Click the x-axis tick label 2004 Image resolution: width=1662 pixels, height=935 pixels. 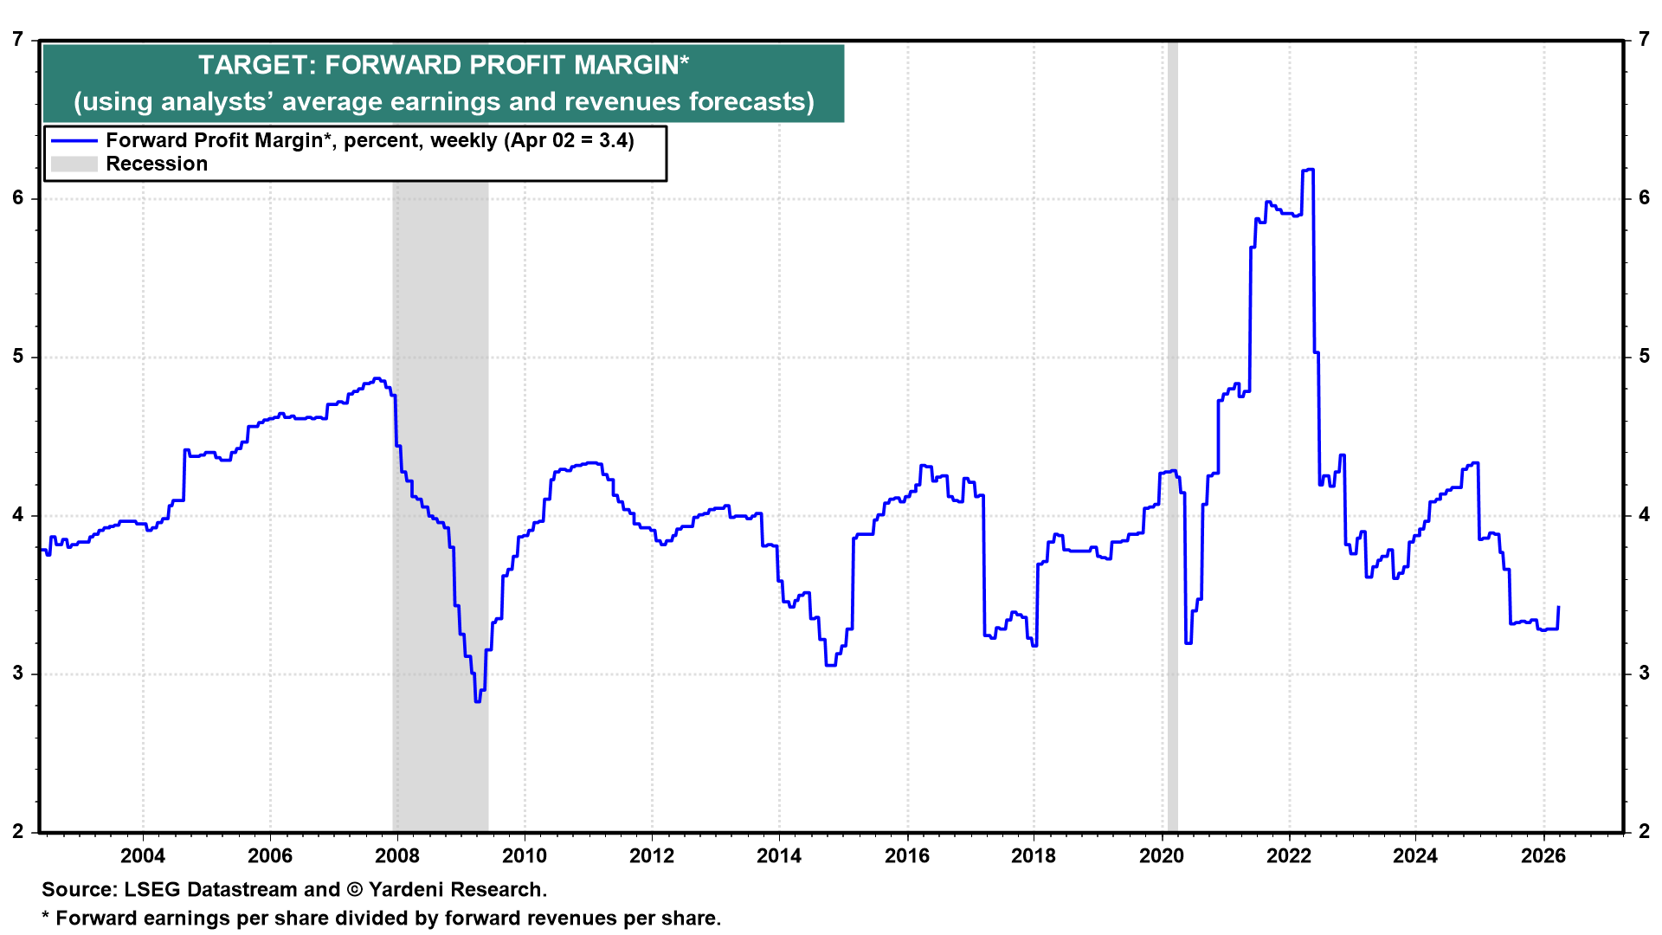click(142, 856)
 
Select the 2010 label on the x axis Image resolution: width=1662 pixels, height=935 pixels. click(525, 856)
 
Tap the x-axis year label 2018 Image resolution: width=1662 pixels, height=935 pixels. click(1034, 856)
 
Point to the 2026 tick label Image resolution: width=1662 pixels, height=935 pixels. click(1543, 856)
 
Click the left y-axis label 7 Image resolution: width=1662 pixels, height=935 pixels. click(18, 40)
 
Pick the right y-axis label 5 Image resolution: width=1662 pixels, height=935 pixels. click(1644, 357)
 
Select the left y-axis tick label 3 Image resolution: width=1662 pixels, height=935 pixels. click(18, 674)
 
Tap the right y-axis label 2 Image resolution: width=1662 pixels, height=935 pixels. click(1644, 832)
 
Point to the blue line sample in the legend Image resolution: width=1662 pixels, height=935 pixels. click(74, 141)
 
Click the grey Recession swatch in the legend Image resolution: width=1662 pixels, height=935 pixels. click(74, 164)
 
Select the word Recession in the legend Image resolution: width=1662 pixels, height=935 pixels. click(157, 164)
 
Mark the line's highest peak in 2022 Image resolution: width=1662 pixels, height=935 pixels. click(1308, 170)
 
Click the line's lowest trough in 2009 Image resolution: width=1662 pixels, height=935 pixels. click(477, 700)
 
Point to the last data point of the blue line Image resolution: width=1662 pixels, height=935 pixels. click(1558, 608)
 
